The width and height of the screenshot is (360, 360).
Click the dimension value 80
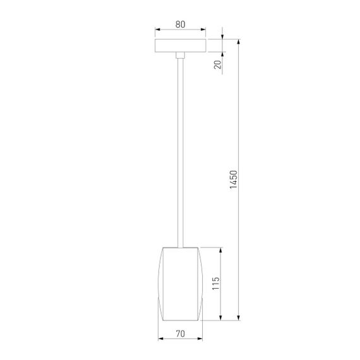[180, 25]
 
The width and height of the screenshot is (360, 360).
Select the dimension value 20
[217, 64]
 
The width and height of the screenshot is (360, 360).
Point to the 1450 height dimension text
[233, 182]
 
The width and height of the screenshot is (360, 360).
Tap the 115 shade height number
[215, 282]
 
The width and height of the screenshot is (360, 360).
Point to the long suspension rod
[181, 152]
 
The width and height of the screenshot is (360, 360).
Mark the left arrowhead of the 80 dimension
[157, 30]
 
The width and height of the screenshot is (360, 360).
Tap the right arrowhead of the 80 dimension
[203, 30]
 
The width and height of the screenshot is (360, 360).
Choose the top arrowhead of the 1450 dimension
[239, 42]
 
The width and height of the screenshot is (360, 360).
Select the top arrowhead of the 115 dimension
[220, 249]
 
